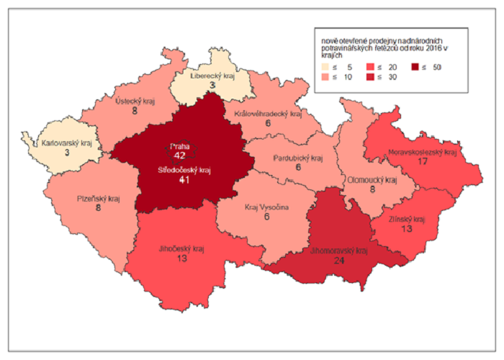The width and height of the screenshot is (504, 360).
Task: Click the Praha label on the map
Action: (x=179, y=145)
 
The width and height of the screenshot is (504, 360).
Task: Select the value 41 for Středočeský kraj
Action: (x=185, y=180)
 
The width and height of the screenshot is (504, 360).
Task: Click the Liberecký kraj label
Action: (x=214, y=75)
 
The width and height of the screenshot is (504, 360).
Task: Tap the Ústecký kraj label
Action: (x=135, y=102)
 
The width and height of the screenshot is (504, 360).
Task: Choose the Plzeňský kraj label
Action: (x=98, y=199)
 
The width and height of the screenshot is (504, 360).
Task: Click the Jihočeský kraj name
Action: (x=181, y=249)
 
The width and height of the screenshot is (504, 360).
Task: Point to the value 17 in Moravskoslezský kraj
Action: (x=423, y=163)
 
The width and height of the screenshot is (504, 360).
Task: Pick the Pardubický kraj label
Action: (x=299, y=158)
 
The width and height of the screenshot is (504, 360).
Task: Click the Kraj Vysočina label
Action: (x=266, y=207)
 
